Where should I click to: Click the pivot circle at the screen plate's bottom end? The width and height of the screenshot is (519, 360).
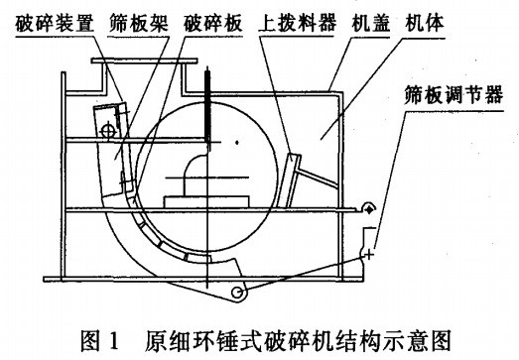click(236, 292)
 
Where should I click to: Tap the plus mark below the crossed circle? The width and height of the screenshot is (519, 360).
click(369, 256)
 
